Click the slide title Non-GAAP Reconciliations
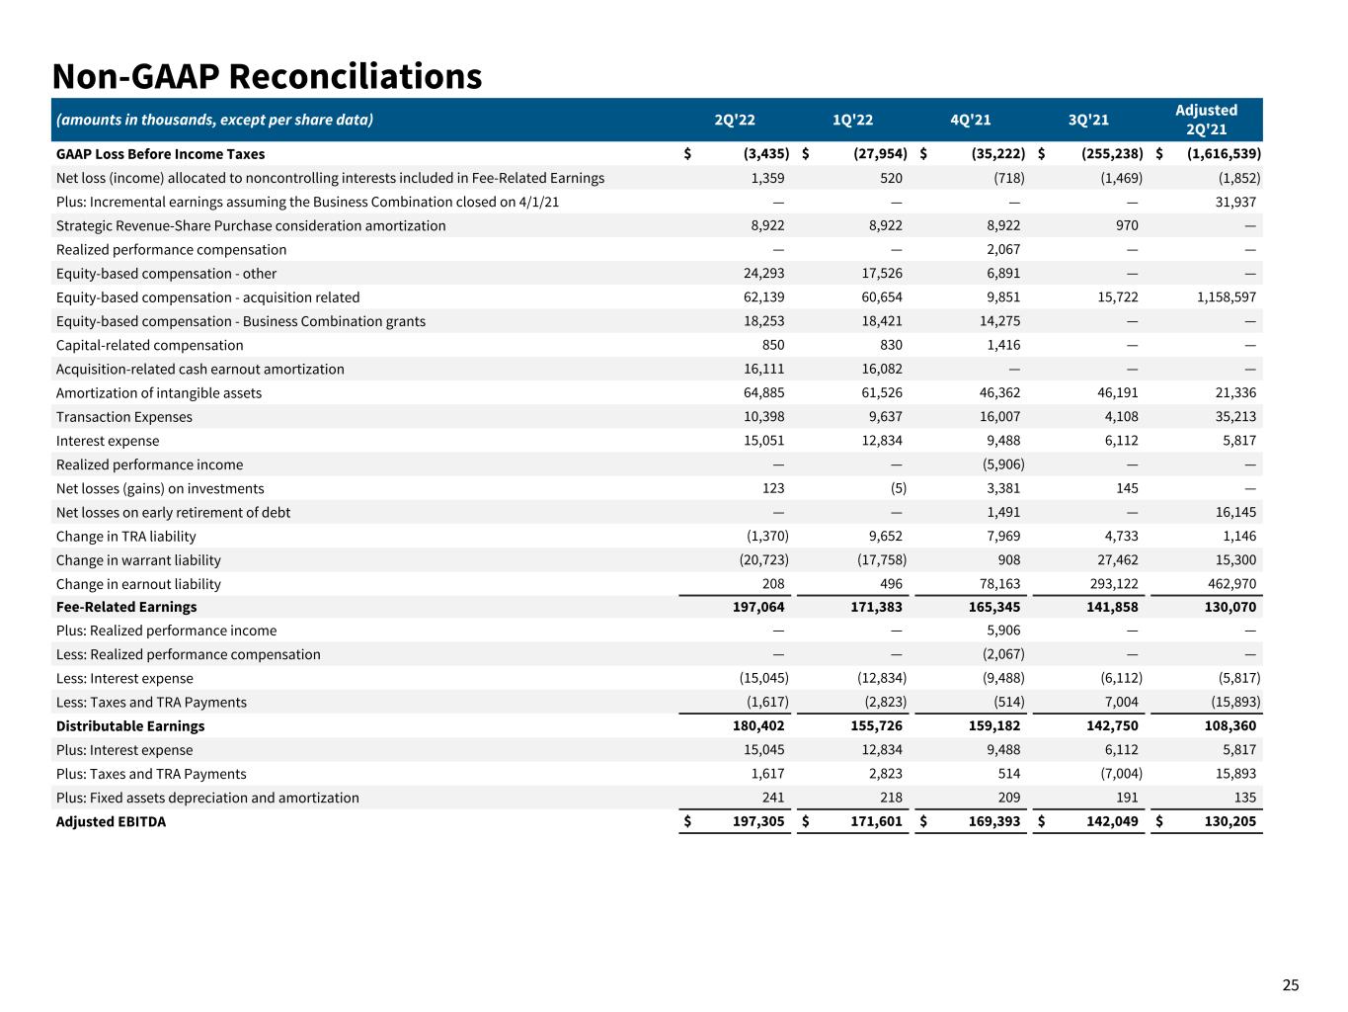pos(267,76)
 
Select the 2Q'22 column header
pos(734,121)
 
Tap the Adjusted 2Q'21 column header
pos(1206,120)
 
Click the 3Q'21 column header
pos(1088,121)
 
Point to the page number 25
pos(1291,984)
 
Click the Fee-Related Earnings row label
pos(126,607)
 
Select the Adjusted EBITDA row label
pos(111,821)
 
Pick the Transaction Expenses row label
pos(124,417)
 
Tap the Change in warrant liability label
pos(138,560)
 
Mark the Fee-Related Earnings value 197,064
pos(755,607)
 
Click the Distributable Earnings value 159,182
pos(993,726)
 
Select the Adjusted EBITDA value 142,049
pos(1111,821)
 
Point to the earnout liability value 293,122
pos(1111,584)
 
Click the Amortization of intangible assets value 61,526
pos(878,393)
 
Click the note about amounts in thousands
pos(214,121)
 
